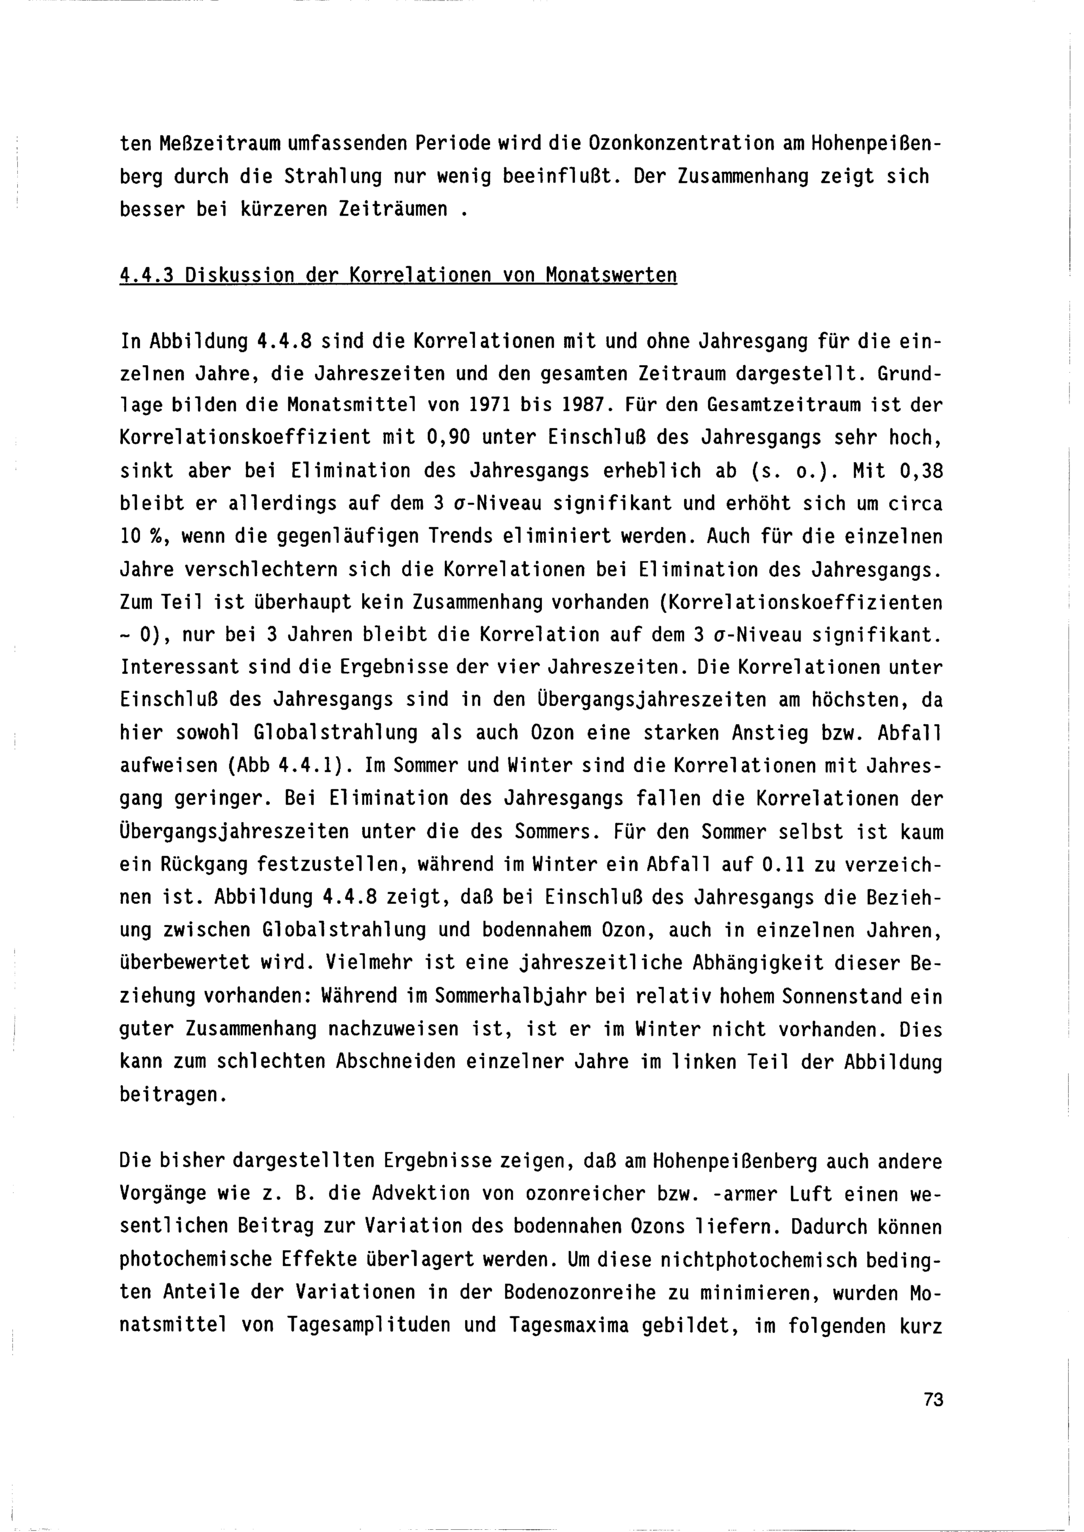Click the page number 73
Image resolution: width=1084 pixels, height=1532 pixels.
(x=933, y=1400)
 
